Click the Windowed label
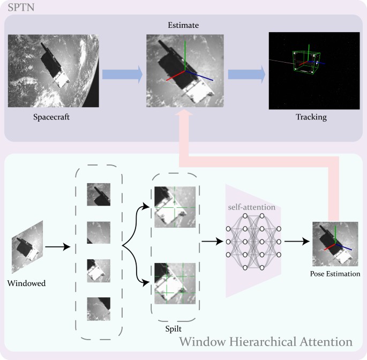(27, 283)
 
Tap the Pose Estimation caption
(335, 274)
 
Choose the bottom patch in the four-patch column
(99, 309)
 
